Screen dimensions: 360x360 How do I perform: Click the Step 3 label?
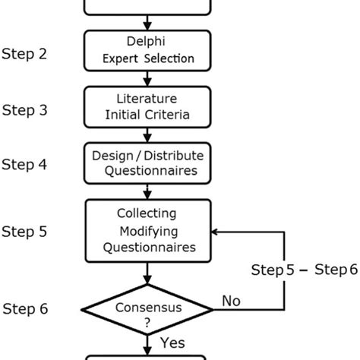coord(25,110)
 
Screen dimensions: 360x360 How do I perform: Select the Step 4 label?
coord(25,165)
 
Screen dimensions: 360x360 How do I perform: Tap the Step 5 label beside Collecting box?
coord(25,231)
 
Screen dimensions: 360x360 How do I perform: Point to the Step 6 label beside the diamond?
coord(25,308)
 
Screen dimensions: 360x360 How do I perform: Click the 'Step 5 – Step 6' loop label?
coord(304,270)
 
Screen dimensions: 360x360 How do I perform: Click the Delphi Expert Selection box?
coord(147,50)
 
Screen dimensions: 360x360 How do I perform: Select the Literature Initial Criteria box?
coord(147,107)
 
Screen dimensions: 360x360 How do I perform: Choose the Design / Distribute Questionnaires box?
coord(147,162)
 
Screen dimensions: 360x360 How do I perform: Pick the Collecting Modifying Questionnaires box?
coord(147,231)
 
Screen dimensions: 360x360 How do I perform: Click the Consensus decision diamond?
coord(147,310)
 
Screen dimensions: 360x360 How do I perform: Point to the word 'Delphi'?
coord(147,42)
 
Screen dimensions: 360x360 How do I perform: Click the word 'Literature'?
coord(147,99)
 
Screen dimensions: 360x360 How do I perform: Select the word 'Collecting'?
coord(147,213)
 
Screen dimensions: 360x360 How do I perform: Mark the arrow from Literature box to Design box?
coord(147,134)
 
